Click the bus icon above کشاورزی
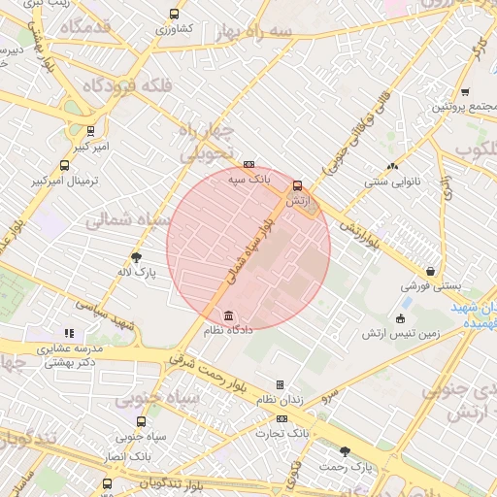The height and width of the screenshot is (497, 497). click(174, 15)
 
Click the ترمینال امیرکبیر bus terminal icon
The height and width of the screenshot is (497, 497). click(64, 165)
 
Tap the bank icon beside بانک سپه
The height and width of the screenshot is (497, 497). click(249, 164)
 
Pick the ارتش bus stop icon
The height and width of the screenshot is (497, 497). click(297, 184)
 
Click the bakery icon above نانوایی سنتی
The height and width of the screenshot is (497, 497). click(393, 166)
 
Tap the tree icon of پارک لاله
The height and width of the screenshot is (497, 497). click(137, 257)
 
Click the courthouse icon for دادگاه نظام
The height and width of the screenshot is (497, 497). click(228, 316)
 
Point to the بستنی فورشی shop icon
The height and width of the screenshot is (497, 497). click(429, 272)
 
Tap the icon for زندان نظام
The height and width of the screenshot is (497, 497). click(281, 385)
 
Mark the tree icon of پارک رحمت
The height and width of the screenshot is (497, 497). click(346, 451)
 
